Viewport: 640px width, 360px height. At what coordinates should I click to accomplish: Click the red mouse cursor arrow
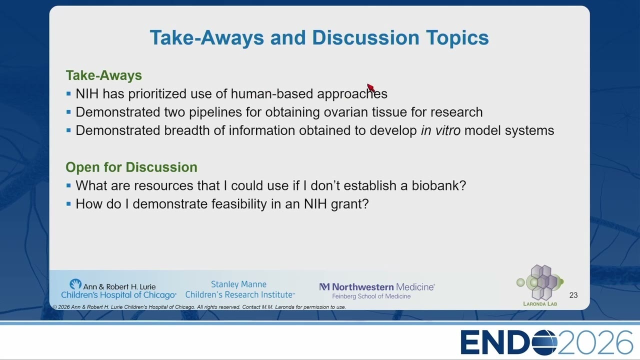(x=371, y=87)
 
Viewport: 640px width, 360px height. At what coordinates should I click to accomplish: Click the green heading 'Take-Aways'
(x=103, y=75)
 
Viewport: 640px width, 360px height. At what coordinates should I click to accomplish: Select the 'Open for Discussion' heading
(x=131, y=167)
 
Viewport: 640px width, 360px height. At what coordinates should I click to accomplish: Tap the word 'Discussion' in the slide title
(x=365, y=37)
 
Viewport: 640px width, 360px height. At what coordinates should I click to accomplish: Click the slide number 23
(x=573, y=295)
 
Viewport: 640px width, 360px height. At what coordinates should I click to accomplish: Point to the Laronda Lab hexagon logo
(x=539, y=282)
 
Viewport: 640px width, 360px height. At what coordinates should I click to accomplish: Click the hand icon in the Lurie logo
(x=75, y=284)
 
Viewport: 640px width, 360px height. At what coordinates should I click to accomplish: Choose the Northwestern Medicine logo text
(x=377, y=286)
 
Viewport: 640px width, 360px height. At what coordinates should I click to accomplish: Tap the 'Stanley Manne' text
(x=238, y=284)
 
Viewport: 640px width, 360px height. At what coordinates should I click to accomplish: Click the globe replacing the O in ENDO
(x=544, y=342)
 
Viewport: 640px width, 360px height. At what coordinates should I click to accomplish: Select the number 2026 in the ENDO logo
(x=595, y=342)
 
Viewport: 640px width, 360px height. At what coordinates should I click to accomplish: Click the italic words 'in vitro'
(x=440, y=130)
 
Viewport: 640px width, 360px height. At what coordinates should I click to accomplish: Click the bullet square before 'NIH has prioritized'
(x=68, y=93)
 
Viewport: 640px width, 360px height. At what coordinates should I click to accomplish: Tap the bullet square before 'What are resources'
(x=68, y=185)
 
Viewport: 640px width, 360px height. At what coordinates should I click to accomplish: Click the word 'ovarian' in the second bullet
(x=345, y=112)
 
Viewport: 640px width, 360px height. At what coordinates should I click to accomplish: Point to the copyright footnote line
(x=199, y=307)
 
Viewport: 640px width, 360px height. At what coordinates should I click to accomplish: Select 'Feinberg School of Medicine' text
(x=371, y=296)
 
